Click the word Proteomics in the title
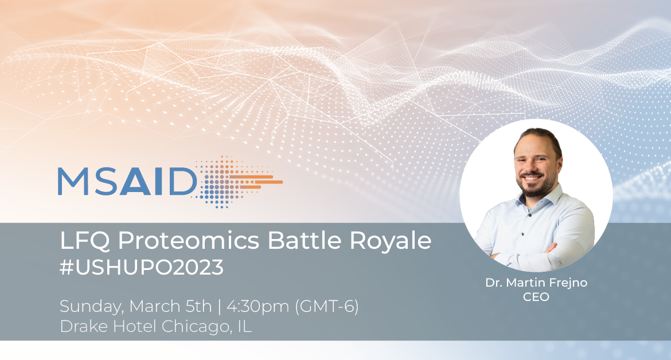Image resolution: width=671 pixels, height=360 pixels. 189,241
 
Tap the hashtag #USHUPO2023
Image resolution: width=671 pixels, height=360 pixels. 142,268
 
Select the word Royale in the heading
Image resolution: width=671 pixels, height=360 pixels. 391,241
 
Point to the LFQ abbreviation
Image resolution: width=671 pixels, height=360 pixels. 85,241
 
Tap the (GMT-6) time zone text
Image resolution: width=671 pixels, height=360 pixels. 326,307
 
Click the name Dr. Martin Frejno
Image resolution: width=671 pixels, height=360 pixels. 536,283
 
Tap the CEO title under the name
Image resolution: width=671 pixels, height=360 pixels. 536,297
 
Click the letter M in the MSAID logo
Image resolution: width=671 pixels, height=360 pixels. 73,181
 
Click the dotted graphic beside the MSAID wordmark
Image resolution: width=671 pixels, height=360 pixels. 238,182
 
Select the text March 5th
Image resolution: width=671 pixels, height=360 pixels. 170,307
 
